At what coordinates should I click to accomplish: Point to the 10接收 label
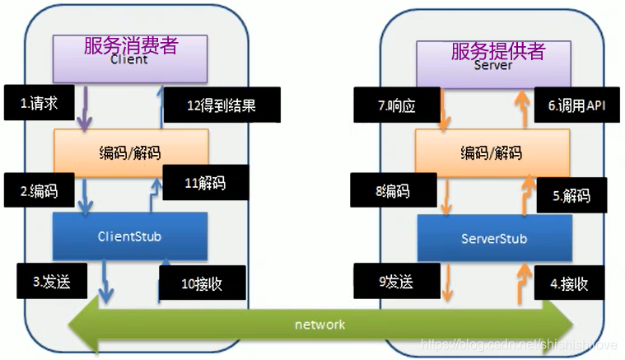point(202,284)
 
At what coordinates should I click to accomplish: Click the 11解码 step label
point(205,183)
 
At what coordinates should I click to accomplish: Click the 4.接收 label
point(568,284)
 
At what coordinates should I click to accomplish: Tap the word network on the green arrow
point(319,325)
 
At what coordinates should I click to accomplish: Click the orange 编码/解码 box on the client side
point(130,152)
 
